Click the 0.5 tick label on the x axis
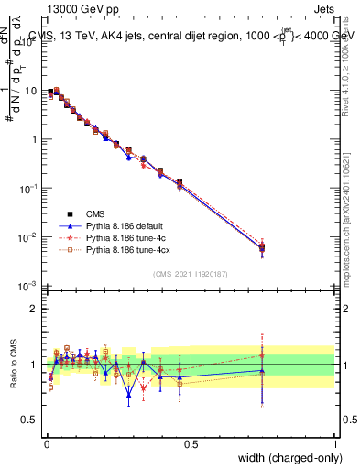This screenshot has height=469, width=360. pyautogui.click(x=191, y=443)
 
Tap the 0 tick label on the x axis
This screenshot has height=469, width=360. pyautogui.click(x=46, y=443)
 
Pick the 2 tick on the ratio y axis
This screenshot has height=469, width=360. pyautogui.click(x=36, y=309)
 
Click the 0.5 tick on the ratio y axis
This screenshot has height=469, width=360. pyautogui.click(x=32, y=420)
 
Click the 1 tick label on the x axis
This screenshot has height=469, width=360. pyautogui.click(x=335, y=443)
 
